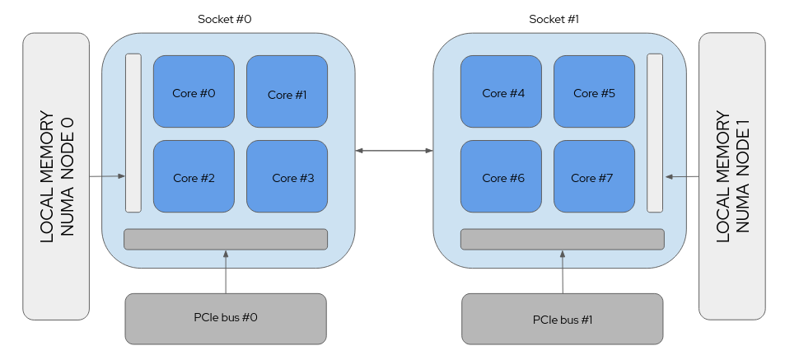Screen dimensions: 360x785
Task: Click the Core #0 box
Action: (x=194, y=91)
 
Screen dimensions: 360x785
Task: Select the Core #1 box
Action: (x=287, y=91)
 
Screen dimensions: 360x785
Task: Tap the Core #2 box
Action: (x=194, y=176)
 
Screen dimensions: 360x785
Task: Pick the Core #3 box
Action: (x=287, y=176)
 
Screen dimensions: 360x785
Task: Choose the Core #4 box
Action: (x=501, y=91)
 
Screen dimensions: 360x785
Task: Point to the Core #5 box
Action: (x=594, y=91)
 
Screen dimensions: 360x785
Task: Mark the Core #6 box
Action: (x=501, y=176)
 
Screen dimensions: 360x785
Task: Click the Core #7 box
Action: (x=594, y=176)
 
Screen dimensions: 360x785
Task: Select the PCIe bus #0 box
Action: (x=226, y=318)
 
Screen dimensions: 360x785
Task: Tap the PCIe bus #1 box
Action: (x=563, y=318)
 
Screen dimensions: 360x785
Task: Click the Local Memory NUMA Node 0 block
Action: (x=56, y=176)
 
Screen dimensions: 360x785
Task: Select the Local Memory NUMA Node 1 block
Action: (x=731, y=176)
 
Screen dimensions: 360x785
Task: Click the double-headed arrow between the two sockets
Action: (x=395, y=151)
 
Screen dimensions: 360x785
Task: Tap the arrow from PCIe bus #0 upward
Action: (x=226, y=271)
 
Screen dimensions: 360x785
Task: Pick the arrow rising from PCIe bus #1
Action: (x=563, y=271)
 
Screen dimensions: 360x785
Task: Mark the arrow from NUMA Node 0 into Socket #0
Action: (x=107, y=176)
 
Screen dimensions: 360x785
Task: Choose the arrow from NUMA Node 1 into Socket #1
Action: (x=681, y=176)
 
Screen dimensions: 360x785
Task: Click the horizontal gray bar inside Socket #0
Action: (x=226, y=239)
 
